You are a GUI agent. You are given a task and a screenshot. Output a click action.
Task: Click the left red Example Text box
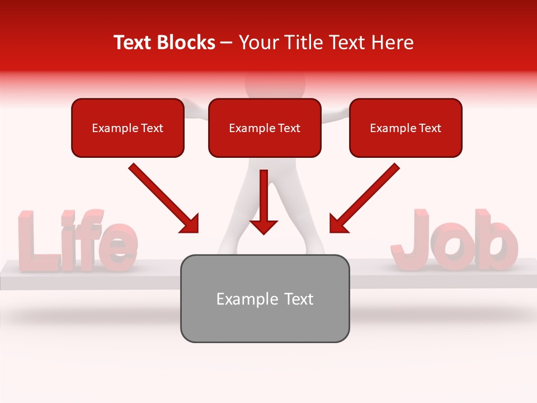click(x=128, y=128)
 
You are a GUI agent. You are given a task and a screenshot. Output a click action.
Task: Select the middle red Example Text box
click(x=265, y=128)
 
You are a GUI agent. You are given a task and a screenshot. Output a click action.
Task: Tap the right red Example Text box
click(x=406, y=128)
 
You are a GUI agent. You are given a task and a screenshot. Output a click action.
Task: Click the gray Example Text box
click(x=265, y=298)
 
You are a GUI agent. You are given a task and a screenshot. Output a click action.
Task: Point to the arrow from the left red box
click(x=162, y=197)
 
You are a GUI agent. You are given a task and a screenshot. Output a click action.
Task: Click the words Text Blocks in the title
click(x=164, y=43)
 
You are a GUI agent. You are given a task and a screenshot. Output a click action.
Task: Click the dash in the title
click(x=227, y=43)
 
